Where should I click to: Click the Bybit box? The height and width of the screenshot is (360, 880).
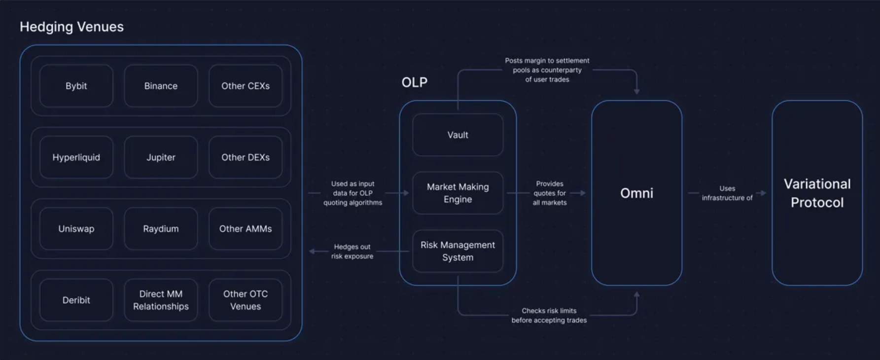click(76, 86)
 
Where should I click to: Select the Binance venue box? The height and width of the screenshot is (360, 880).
click(161, 86)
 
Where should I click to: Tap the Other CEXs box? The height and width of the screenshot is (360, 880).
click(246, 86)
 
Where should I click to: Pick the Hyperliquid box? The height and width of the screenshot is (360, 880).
click(76, 157)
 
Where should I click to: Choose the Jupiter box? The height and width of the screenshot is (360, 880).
click(161, 157)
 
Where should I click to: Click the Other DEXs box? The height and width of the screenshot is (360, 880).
click(246, 157)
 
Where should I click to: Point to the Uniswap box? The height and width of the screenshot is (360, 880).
click(76, 229)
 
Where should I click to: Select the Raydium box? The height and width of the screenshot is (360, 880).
click(161, 229)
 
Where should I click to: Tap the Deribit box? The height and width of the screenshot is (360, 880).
click(76, 300)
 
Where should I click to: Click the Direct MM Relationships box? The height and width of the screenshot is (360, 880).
click(161, 300)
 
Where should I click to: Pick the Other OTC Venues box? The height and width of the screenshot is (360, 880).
click(246, 300)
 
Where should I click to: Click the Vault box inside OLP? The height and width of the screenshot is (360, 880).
click(458, 135)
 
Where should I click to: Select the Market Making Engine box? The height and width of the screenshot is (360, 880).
click(458, 193)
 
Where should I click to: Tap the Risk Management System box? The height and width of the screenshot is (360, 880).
click(458, 251)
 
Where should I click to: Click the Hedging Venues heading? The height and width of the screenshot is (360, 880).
click(71, 27)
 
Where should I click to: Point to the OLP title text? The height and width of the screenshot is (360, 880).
click(414, 82)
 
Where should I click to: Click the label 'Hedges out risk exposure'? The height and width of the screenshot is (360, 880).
click(352, 252)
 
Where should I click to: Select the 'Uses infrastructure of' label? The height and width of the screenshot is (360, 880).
click(727, 193)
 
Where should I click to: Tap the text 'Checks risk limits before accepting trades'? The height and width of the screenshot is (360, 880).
click(549, 316)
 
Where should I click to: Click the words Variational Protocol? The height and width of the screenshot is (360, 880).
click(817, 193)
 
